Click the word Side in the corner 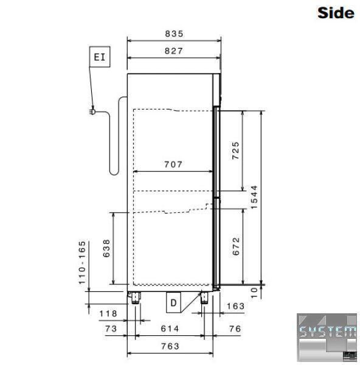[336, 13]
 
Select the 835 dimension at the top [175, 34]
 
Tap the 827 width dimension [174, 51]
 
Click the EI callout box [100, 57]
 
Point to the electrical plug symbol [92, 112]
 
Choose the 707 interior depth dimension [173, 165]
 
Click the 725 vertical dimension [236, 151]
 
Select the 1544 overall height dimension [255, 197]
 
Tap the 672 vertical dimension [236, 246]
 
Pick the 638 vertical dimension [106, 248]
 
